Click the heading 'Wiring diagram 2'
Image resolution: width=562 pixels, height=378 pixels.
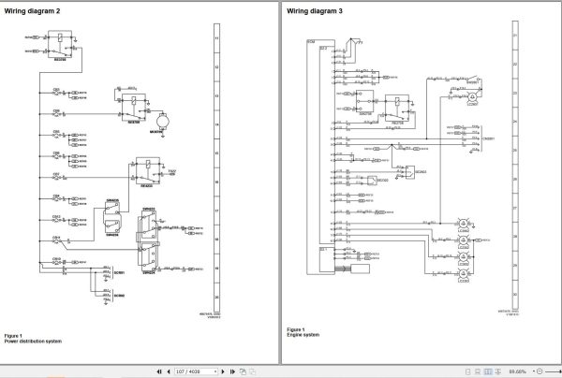[x=33, y=10]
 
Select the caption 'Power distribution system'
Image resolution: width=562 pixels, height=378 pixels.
[x=34, y=341]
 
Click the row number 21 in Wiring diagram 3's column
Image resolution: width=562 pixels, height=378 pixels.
[x=513, y=38]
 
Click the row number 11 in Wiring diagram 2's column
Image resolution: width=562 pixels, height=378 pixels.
[x=217, y=38]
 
